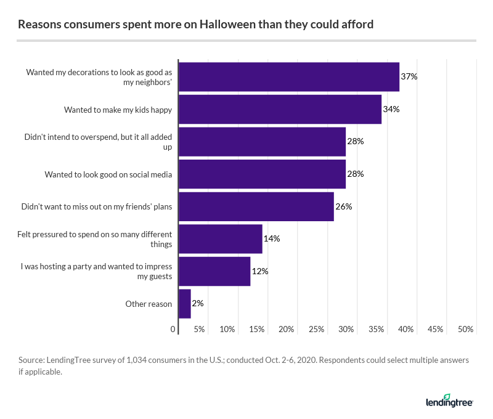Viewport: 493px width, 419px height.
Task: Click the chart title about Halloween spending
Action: click(196, 25)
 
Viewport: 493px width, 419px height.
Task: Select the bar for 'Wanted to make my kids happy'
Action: click(280, 109)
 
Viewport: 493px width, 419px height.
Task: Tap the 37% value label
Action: click(409, 76)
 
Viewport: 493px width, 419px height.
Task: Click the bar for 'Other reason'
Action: click(184, 304)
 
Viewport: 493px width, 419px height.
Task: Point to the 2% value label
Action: click(197, 303)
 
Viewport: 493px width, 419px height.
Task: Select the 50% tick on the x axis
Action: click(466, 330)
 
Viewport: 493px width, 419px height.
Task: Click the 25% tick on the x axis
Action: click(316, 330)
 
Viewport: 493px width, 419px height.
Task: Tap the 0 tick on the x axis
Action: click(173, 330)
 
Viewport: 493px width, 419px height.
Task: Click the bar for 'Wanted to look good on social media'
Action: click(262, 174)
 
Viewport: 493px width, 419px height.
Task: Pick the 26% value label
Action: click(343, 206)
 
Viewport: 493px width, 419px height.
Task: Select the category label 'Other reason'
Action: click(149, 304)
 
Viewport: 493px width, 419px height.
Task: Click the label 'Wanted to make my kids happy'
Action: click(118, 110)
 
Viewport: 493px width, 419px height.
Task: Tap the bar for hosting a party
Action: click(214, 271)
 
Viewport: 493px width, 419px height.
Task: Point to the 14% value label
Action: click(272, 238)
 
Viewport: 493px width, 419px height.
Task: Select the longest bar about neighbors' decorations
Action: click(288, 77)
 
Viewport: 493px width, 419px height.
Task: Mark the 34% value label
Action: click(391, 109)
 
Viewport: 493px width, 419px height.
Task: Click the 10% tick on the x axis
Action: click(227, 330)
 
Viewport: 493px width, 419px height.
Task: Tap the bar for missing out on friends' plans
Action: click(256, 206)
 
